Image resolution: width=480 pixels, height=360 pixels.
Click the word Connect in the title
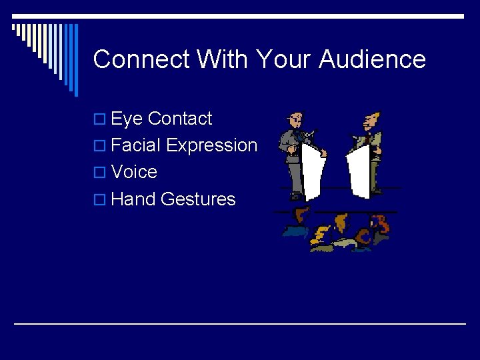tap(141, 59)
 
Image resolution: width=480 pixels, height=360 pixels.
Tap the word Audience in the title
tap(372, 59)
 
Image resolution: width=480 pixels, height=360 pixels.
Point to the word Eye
tap(127, 119)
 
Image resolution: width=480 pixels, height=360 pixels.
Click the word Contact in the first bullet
tap(179, 119)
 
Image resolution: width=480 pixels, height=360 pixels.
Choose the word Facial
tap(136, 145)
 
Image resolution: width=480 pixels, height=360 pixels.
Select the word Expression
tap(211, 145)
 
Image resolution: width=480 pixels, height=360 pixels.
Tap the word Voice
tap(134, 172)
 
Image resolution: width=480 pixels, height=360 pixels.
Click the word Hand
tap(133, 199)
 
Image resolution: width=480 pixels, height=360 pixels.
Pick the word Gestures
tap(198, 199)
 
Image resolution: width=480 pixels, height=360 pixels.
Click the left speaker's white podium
tap(310, 170)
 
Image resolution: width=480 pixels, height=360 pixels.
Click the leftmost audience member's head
tap(302, 215)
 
